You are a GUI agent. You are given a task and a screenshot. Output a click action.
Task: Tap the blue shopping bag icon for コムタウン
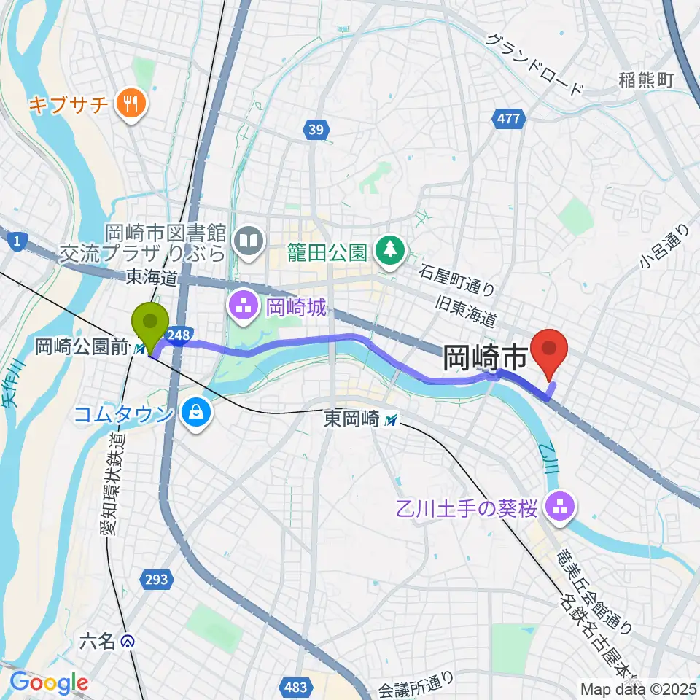[198, 413]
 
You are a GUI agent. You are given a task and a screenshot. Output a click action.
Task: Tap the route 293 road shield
[156, 580]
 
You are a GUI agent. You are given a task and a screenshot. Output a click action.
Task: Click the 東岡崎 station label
[353, 419]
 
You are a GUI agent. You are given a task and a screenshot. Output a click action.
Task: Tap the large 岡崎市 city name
[484, 358]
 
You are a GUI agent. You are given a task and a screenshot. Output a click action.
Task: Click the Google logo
[49, 683]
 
